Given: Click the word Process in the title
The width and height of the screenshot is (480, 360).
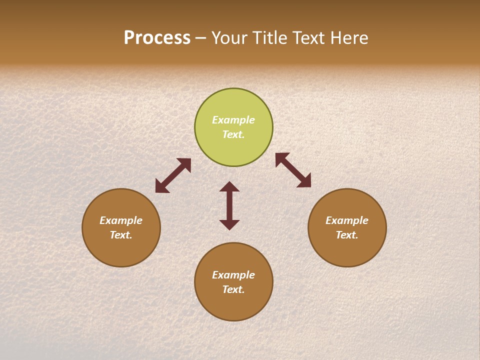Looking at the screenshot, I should point(157,38).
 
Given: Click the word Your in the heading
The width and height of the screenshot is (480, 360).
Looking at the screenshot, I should point(228,38).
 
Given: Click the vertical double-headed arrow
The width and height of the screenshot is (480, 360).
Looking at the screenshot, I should point(229,205).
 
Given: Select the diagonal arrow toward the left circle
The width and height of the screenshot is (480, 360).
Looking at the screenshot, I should point(173,175).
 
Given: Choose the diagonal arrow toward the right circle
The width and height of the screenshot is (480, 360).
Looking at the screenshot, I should point(293,170).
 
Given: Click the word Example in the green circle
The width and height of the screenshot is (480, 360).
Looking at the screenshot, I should point(233,120).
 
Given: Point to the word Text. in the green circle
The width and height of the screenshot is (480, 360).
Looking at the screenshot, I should point(233,134).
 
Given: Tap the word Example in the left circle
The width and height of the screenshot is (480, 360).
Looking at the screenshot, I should point(121,220).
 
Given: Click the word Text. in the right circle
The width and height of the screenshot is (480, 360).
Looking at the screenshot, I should point(347,235).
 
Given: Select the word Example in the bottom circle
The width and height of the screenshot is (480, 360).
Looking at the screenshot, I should point(233,275).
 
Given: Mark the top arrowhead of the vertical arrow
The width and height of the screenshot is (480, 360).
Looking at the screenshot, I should point(229,187).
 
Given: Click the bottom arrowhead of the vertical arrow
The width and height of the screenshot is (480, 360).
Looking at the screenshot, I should point(229,224).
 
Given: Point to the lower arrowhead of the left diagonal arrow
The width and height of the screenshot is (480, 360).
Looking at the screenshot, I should point(161,187).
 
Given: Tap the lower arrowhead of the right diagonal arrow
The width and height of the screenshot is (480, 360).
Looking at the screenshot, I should point(305,181).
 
